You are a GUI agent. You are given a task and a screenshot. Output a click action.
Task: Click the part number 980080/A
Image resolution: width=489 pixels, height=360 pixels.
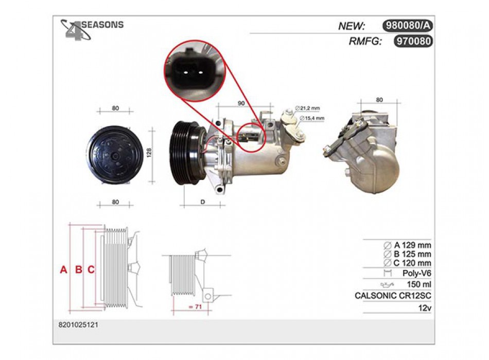tap(407, 25)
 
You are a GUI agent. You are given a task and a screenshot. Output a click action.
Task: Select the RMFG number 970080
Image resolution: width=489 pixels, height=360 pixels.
tap(413, 41)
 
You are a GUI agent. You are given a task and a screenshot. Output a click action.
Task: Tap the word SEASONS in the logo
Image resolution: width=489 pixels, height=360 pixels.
tap(102, 25)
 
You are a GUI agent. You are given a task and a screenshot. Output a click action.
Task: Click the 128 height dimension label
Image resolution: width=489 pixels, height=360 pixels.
tap(149, 153)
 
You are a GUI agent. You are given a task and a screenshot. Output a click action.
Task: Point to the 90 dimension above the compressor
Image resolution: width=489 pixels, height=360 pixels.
tap(241, 103)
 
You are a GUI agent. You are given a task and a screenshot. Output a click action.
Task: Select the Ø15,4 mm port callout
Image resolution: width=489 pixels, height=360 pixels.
tap(312, 118)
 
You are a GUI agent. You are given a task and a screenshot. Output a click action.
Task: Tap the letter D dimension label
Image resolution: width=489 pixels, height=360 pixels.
tap(203, 202)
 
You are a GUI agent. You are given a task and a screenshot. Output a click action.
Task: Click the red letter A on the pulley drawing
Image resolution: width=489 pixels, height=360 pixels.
tap(64, 269)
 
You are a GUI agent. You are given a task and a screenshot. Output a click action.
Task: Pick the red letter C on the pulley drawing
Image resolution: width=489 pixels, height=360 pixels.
tap(91, 269)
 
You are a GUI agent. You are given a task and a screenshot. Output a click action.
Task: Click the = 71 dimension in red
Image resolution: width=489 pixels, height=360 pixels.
tap(196, 307)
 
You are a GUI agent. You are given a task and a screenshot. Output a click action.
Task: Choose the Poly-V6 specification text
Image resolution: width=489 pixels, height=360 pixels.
tap(416, 274)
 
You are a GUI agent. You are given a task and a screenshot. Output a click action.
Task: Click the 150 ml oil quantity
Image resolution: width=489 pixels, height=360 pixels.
tap(419, 284)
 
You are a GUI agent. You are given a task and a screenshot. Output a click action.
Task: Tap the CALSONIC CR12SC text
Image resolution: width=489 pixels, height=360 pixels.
tap(393, 296)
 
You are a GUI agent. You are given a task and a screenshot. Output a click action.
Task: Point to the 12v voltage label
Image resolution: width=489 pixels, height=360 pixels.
tap(425, 308)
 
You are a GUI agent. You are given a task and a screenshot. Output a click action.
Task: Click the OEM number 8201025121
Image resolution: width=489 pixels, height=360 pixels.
tap(78, 325)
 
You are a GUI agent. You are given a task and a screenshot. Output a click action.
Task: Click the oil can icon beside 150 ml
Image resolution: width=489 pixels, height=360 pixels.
tap(387, 284)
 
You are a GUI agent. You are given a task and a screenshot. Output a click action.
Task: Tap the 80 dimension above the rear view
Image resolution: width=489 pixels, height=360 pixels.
tap(379, 100)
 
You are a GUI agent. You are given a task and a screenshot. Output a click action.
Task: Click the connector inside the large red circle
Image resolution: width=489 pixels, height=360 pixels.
tap(194, 73)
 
